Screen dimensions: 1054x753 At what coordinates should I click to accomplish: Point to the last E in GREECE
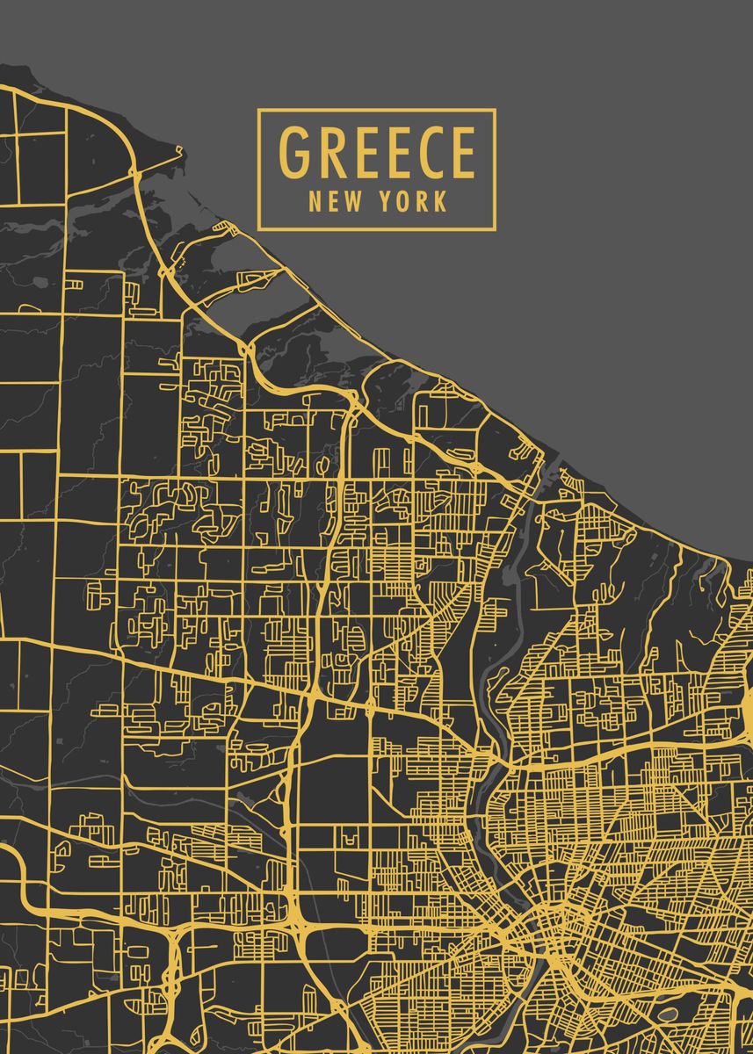(x=462, y=153)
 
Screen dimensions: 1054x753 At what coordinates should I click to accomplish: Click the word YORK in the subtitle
(x=414, y=202)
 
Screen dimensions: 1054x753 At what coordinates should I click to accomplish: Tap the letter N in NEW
(x=315, y=202)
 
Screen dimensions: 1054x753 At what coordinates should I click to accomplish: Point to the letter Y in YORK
(x=387, y=202)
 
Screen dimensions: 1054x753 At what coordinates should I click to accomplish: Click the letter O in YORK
(x=404, y=202)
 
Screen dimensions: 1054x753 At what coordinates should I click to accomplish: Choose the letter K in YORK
(x=440, y=202)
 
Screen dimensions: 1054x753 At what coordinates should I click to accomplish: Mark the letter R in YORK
(x=423, y=202)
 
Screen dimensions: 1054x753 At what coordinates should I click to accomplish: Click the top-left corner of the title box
(x=258, y=110)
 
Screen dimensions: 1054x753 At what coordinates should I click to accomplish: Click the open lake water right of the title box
(x=615, y=167)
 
